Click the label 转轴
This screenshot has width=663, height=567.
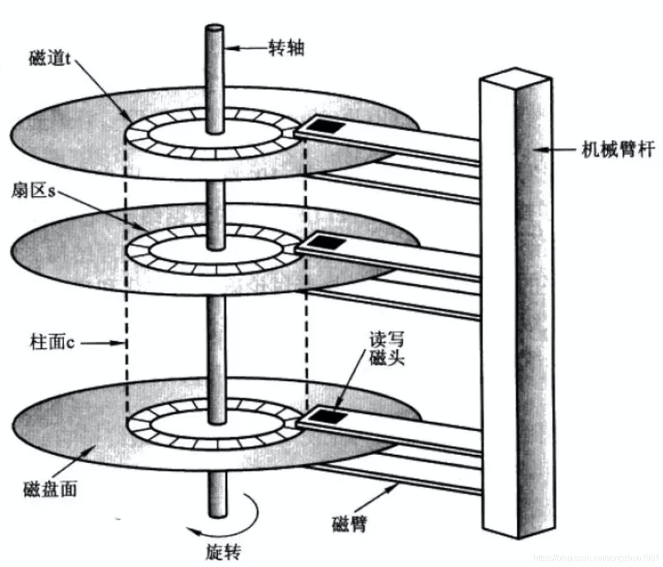[286, 49]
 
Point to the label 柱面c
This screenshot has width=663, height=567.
[52, 343]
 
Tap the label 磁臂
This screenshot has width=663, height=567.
[349, 524]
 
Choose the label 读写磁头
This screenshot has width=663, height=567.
[387, 349]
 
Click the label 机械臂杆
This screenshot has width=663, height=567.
[618, 149]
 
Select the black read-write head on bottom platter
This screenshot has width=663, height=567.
[326, 416]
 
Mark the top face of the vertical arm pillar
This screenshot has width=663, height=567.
[516, 76]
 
